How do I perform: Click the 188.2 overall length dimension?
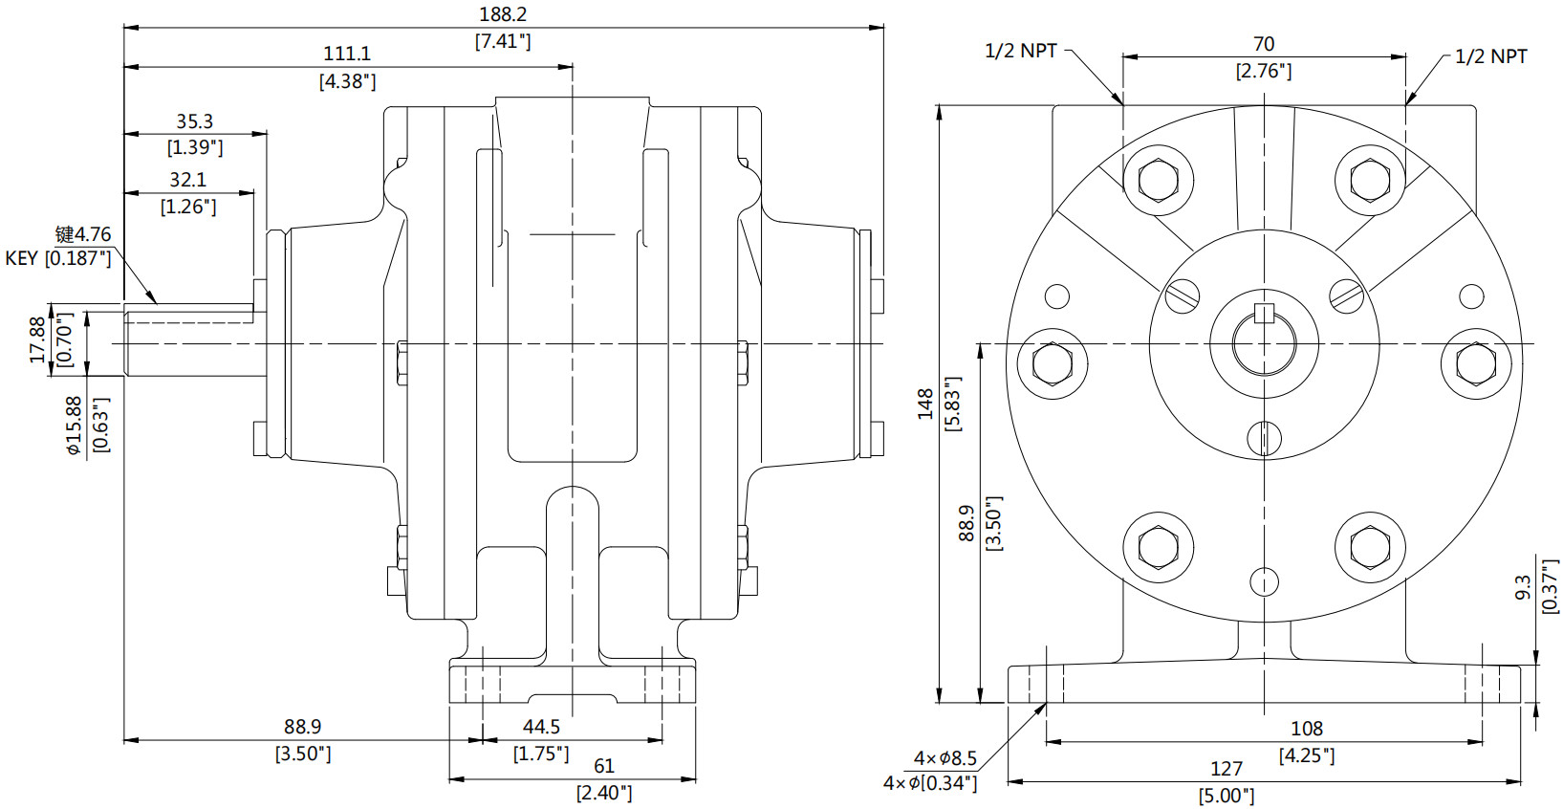click(x=503, y=15)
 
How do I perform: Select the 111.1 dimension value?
click(x=347, y=55)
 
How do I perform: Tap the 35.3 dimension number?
click(x=194, y=122)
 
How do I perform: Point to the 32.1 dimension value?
click(x=188, y=181)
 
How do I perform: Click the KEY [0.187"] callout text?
click(x=58, y=258)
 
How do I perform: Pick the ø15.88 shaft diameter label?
click(x=75, y=426)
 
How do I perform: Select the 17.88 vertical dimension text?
click(x=37, y=339)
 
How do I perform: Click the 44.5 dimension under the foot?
click(x=541, y=728)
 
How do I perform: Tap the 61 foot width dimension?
click(x=604, y=767)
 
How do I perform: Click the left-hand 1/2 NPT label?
click(x=1021, y=51)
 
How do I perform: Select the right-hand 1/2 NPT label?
click(x=1490, y=57)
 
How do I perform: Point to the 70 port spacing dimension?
click(x=1264, y=45)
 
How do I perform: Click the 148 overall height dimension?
click(x=925, y=404)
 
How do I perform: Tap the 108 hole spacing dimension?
click(x=1307, y=730)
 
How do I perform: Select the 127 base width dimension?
click(x=1227, y=769)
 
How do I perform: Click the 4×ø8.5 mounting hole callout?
click(x=944, y=758)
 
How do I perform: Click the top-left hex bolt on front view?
click(x=1159, y=179)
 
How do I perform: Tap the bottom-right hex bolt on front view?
click(x=1370, y=548)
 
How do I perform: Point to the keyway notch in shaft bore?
click(x=1265, y=312)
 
